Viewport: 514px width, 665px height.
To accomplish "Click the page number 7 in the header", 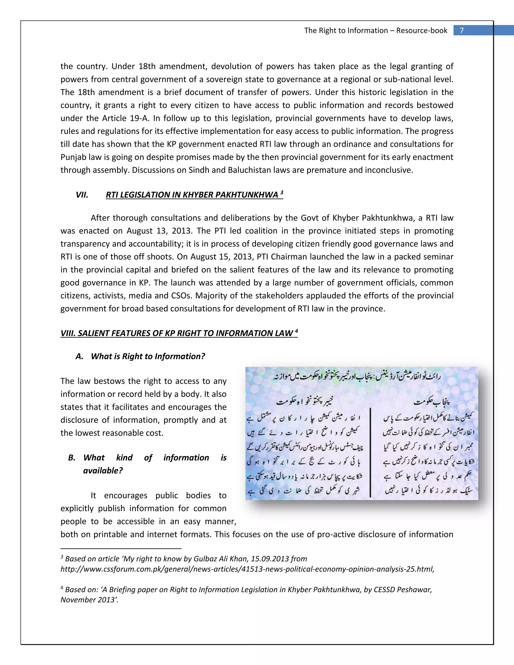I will click(462, 30).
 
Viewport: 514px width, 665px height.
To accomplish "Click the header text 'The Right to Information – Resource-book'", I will click(375, 30).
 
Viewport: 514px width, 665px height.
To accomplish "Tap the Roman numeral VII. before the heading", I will click(82, 195).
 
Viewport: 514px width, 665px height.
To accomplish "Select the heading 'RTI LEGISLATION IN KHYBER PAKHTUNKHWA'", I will click(192, 195).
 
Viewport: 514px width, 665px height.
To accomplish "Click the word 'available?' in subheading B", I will click(103, 471).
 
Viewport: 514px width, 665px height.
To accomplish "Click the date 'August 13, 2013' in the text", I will click(160, 231).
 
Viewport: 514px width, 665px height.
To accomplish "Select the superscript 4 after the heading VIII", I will click(296, 331).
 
